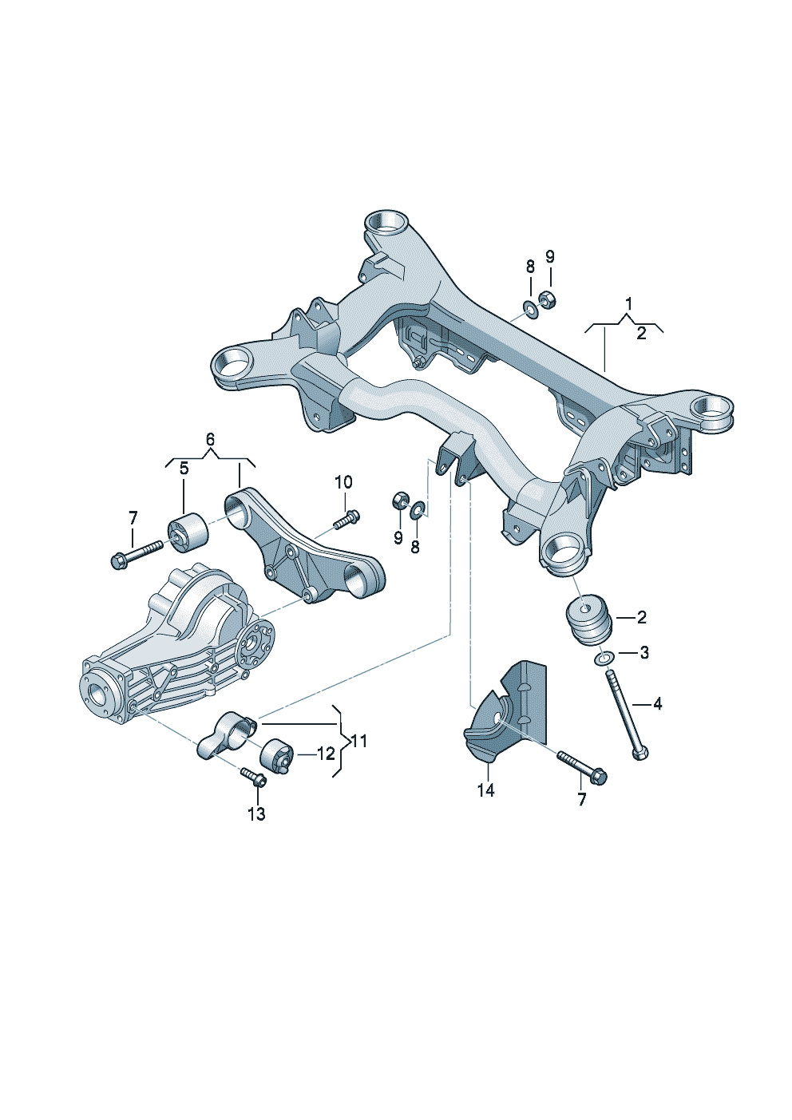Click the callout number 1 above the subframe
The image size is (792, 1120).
(629, 303)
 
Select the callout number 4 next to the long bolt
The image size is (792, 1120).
(658, 704)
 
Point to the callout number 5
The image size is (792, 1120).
(184, 469)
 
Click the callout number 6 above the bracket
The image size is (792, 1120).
(210, 440)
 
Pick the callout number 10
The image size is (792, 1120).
(343, 482)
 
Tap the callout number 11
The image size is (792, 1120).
(359, 741)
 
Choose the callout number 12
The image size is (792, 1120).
(326, 754)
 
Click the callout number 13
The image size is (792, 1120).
(256, 814)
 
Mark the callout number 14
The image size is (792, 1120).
(485, 790)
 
